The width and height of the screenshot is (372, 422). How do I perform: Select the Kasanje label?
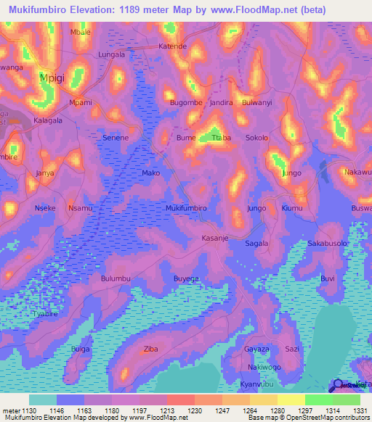point(215,238)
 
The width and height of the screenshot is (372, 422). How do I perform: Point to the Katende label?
point(173,46)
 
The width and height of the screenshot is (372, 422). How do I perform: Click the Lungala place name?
point(111,54)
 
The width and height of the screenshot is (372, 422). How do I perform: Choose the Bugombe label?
point(186,103)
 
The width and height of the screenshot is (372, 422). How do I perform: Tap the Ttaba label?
point(221,138)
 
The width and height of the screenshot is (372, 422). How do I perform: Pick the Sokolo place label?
point(256,138)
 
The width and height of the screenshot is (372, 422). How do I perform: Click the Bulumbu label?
point(115,278)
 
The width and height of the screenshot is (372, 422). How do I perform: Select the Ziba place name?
point(151,349)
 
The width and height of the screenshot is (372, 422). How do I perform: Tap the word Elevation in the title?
point(94,10)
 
